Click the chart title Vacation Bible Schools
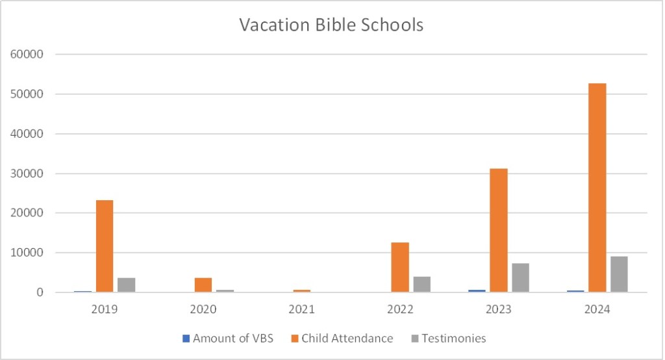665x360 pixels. pyautogui.click(x=331, y=25)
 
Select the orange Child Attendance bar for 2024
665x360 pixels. pyautogui.click(x=597, y=188)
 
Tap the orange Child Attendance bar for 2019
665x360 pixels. pyautogui.click(x=105, y=246)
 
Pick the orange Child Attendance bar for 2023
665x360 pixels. pyautogui.click(x=498, y=230)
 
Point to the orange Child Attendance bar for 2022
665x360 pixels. pyautogui.click(x=400, y=267)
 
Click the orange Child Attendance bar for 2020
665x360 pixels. pyautogui.click(x=203, y=285)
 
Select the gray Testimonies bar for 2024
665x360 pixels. pyautogui.click(x=619, y=274)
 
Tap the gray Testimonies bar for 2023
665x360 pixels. pyautogui.click(x=520, y=277)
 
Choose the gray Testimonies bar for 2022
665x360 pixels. pyautogui.click(x=422, y=285)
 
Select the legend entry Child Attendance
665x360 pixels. pyautogui.click(x=343, y=338)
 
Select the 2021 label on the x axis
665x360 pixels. pyautogui.click(x=301, y=309)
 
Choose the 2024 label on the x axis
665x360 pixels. pyautogui.click(x=597, y=309)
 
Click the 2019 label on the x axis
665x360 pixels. pyautogui.click(x=105, y=309)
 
